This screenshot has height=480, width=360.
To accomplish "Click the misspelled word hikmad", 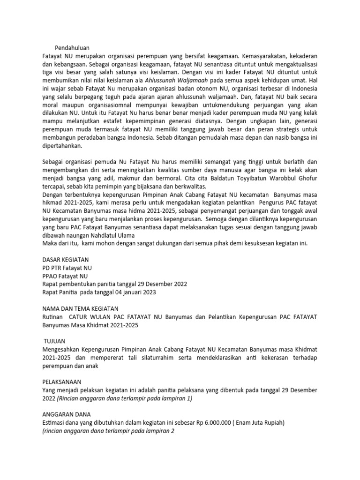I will coord(52,202).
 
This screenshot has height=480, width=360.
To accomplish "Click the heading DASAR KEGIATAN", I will coord(65,259).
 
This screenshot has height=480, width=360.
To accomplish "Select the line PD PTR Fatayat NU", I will coord(67,268).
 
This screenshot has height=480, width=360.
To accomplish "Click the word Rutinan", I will coord(54,317).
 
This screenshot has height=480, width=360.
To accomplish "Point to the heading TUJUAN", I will coord(56,341).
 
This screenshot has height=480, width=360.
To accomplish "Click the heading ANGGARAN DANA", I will coord(66,414).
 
